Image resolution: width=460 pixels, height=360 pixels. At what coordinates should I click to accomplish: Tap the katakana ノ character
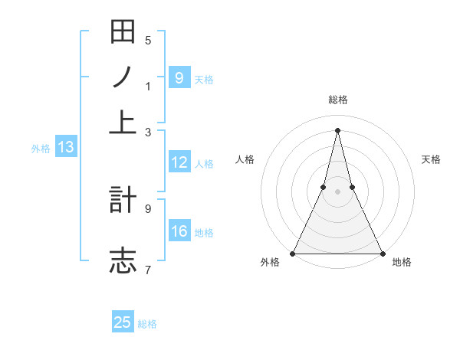click(x=123, y=77)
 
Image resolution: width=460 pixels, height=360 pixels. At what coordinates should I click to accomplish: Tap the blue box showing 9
click(x=179, y=77)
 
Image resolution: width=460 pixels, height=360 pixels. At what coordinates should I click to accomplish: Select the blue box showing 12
click(x=179, y=162)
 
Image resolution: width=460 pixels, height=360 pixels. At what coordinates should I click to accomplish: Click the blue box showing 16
click(x=179, y=231)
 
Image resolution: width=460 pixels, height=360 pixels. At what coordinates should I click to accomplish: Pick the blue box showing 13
click(x=65, y=148)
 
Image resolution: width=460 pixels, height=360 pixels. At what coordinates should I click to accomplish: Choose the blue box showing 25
click(x=123, y=322)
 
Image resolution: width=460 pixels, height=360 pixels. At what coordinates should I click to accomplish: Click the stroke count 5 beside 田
click(x=147, y=41)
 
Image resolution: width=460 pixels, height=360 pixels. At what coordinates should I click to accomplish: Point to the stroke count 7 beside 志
click(x=147, y=270)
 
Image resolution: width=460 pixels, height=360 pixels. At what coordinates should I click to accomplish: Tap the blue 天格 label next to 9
click(x=204, y=79)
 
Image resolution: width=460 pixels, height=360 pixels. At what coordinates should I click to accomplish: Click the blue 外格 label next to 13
click(x=40, y=149)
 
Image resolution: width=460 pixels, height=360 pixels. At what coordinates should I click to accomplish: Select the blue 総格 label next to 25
click(x=147, y=324)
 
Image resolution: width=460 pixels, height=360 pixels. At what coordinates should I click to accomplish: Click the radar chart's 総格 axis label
click(x=337, y=100)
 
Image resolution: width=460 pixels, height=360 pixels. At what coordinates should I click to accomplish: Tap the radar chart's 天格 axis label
click(x=431, y=159)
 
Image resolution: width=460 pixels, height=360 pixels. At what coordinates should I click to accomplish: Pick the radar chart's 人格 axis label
click(x=245, y=159)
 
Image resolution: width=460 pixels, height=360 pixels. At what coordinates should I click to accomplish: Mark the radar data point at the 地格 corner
click(x=382, y=253)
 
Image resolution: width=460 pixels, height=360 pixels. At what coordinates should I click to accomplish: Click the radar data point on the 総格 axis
click(x=337, y=129)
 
